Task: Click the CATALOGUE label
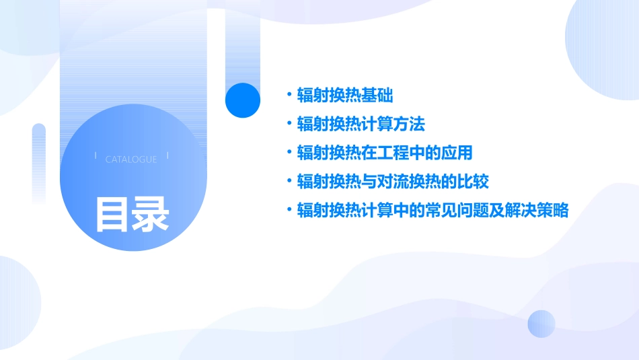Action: tap(131, 159)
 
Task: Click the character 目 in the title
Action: tap(112, 214)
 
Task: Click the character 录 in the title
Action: tap(151, 214)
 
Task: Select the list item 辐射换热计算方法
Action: tap(361, 124)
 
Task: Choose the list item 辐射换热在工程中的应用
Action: tap(385, 153)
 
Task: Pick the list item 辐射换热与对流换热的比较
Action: tap(393, 182)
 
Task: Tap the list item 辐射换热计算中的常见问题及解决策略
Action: tap(433, 211)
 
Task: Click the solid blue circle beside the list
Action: tap(243, 100)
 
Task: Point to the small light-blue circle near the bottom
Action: tap(541, 324)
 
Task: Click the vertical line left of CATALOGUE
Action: tap(96, 156)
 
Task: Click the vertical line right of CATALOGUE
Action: tap(167, 156)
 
